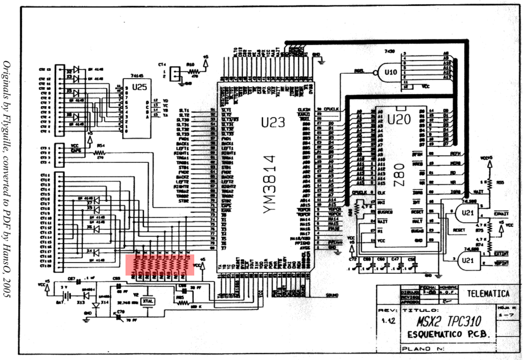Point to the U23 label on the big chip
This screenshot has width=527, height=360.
pyautogui.click(x=272, y=122)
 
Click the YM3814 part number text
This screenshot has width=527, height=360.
pyautogui.click(x=271, y=184)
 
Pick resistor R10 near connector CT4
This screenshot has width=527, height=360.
pyautogui.click(x=193, y=71)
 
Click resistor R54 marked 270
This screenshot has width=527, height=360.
pyautogui.click(x=101, y=152)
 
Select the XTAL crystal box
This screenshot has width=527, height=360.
pyautogui.click(x=148, y=300)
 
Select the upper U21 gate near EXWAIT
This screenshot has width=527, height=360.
pyautogui.click(x=467, y=213)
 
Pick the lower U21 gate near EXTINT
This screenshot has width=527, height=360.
pyautogui.click(x=467, y=260)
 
